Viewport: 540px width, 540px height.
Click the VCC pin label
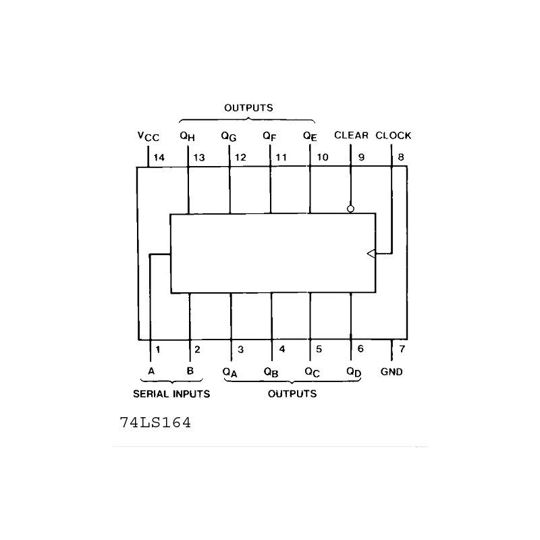click(148, 136)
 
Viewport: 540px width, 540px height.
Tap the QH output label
click(188, 136)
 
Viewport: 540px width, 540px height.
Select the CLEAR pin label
click(351, 135)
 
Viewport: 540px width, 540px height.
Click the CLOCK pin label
click(394, 136)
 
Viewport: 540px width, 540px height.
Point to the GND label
click(391, 372)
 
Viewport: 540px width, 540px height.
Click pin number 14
click(159, 158)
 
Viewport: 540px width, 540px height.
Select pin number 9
click(361, 157)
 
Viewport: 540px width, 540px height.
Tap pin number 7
click(402, 349)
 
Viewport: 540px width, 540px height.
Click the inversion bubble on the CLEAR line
click(350, 209)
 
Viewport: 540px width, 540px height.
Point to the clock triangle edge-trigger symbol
click(371, 254)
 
